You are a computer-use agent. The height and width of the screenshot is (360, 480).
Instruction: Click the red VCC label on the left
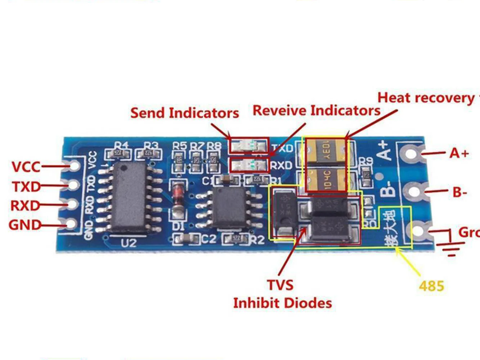click(26, 167)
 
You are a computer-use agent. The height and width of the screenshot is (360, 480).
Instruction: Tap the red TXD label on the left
click(26, 186)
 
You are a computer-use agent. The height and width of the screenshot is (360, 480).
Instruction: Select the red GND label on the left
click(25, 225)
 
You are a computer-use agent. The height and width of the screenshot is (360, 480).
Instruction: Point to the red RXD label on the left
click(25, 206)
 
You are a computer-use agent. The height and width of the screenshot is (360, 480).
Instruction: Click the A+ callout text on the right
click(459, 153)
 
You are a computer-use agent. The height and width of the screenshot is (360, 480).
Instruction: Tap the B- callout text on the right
click(460, 192)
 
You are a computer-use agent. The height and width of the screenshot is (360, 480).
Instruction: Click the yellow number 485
click(431, 286)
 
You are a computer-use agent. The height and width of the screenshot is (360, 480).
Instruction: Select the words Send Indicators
click(184, 113)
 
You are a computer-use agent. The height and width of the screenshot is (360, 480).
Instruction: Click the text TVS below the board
click(280, 285)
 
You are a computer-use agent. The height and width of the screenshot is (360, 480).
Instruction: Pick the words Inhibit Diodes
click(282, 303)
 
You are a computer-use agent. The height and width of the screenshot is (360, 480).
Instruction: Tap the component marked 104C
click(326, 180)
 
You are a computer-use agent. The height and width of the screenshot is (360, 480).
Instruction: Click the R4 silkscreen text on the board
click(121, 145)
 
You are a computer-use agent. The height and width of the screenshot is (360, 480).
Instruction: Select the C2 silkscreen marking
click(209, 239)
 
